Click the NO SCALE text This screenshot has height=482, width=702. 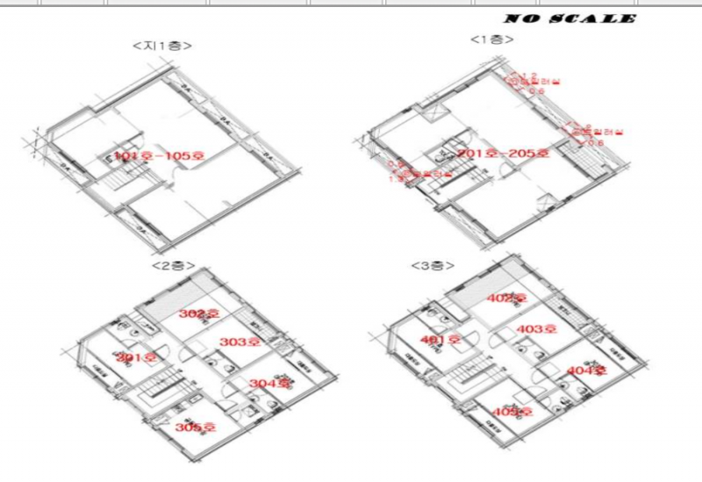click(569, 18)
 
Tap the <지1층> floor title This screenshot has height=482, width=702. click(162, 45)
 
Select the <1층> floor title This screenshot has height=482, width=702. click(492, 40)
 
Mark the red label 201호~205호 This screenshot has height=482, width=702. click(503, 154)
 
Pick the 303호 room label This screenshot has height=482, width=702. click(240, 342)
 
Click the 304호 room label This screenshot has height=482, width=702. click(269, 384)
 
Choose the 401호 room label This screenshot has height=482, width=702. click(441, 340)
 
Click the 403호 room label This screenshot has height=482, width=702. click(537, 329)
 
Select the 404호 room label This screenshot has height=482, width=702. click(586, 370)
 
